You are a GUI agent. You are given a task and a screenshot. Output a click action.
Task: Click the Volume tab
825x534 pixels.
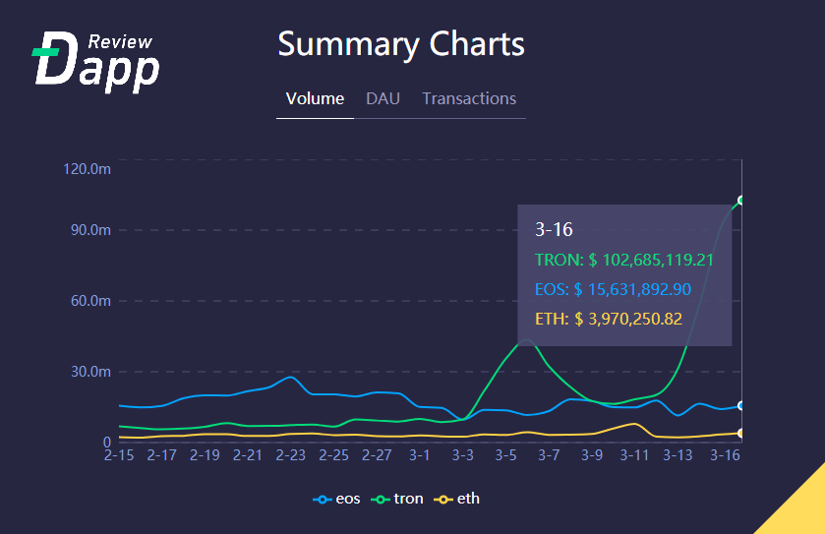tap(315, 98)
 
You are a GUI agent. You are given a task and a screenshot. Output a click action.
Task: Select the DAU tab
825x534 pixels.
tap(383, 98)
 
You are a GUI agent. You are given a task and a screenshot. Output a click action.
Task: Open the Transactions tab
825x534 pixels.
tap(469, 98)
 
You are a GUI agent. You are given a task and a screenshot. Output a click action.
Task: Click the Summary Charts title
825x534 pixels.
tap(401, 44)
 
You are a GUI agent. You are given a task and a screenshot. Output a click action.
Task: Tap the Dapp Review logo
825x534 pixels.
tap(95, 61)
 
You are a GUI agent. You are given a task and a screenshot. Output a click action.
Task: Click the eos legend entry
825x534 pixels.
tap(337, 499)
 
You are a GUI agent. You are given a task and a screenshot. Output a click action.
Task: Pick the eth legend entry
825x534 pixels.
tap(458, 499)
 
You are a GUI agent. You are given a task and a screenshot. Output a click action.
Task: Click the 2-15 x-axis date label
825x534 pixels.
tap(119, 456)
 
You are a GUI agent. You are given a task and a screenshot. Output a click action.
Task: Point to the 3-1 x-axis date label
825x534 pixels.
tap(420, 456)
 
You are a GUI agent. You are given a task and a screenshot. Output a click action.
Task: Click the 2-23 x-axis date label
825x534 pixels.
tap(291, 456)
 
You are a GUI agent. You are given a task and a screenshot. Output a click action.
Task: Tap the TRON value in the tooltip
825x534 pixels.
tap(623, 260)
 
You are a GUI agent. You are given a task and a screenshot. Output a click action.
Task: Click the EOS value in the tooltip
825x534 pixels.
tap(614, 289)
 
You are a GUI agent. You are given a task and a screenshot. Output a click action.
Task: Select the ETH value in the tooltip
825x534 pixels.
tap(608, 319)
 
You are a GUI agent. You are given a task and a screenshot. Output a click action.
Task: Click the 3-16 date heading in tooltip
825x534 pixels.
tap(554, 230)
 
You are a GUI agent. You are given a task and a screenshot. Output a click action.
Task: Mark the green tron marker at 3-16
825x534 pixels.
tap(741, 201)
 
